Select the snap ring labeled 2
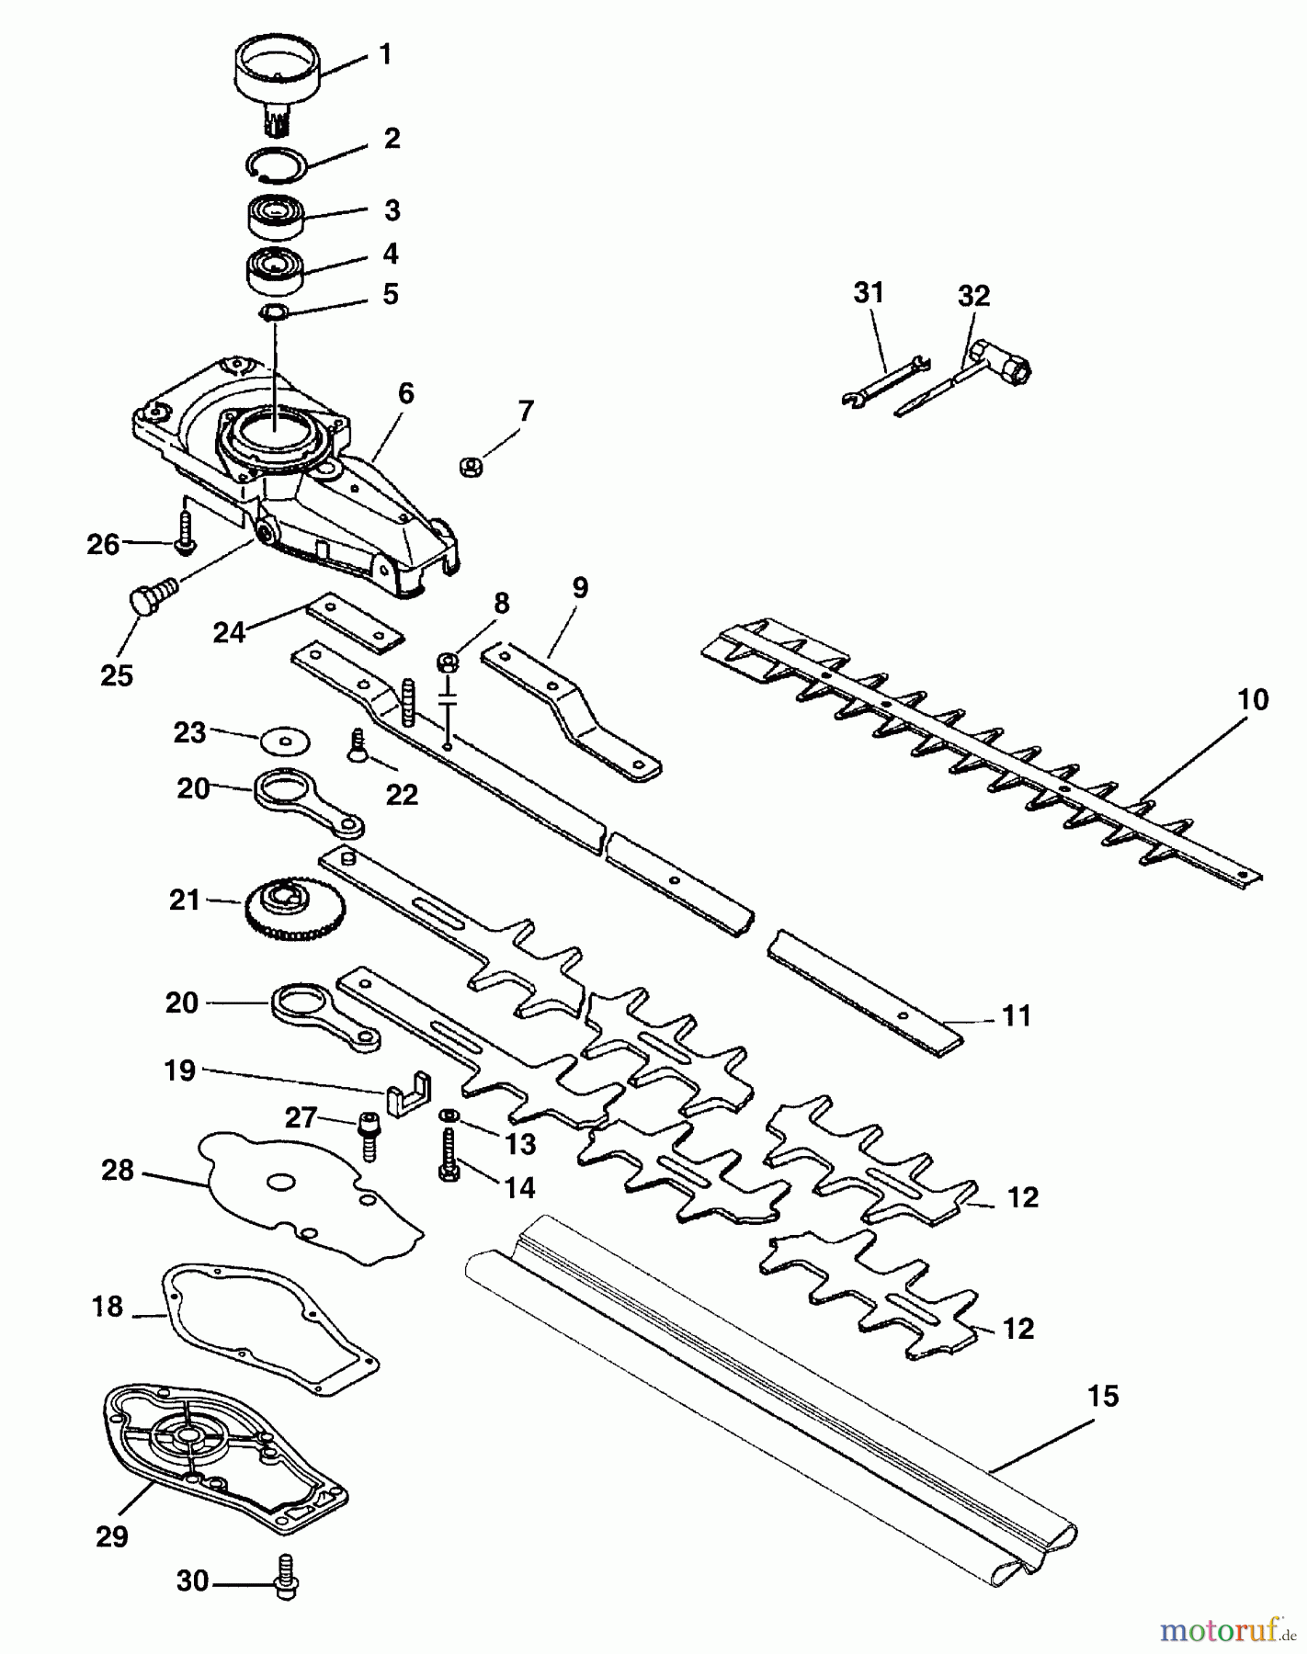click(275, 164)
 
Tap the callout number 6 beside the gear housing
click(405, 394)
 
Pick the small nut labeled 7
click(469, 467)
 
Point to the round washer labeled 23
click(285, 741)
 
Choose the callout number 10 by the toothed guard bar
click(1253, 700)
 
